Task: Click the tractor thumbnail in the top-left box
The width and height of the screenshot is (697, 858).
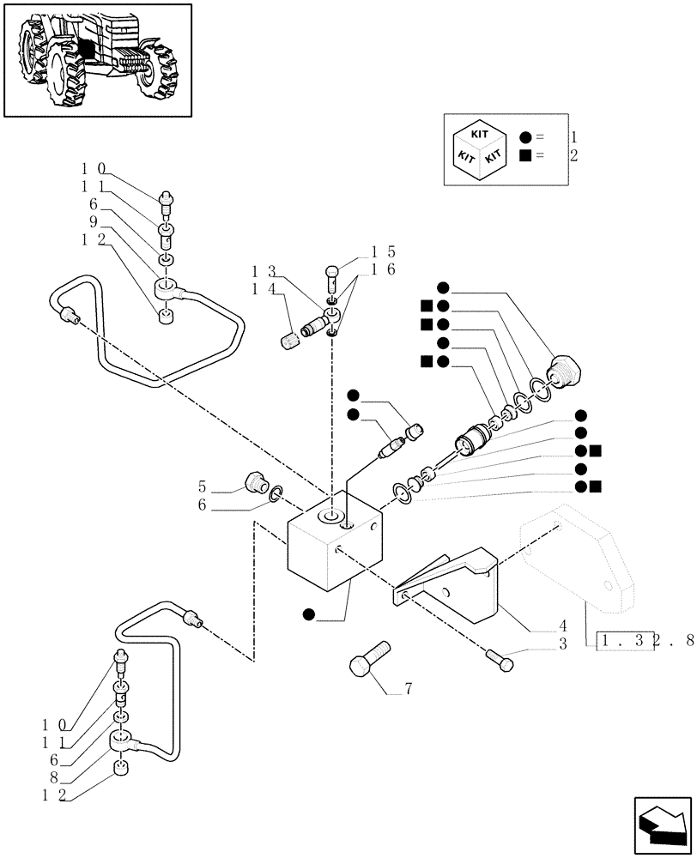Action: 97,59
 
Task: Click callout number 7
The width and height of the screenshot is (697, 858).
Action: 409,689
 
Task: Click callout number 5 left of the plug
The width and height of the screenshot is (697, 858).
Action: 203,485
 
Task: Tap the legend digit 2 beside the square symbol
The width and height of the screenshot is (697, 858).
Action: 573,156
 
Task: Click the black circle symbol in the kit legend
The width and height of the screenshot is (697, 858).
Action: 525,137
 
